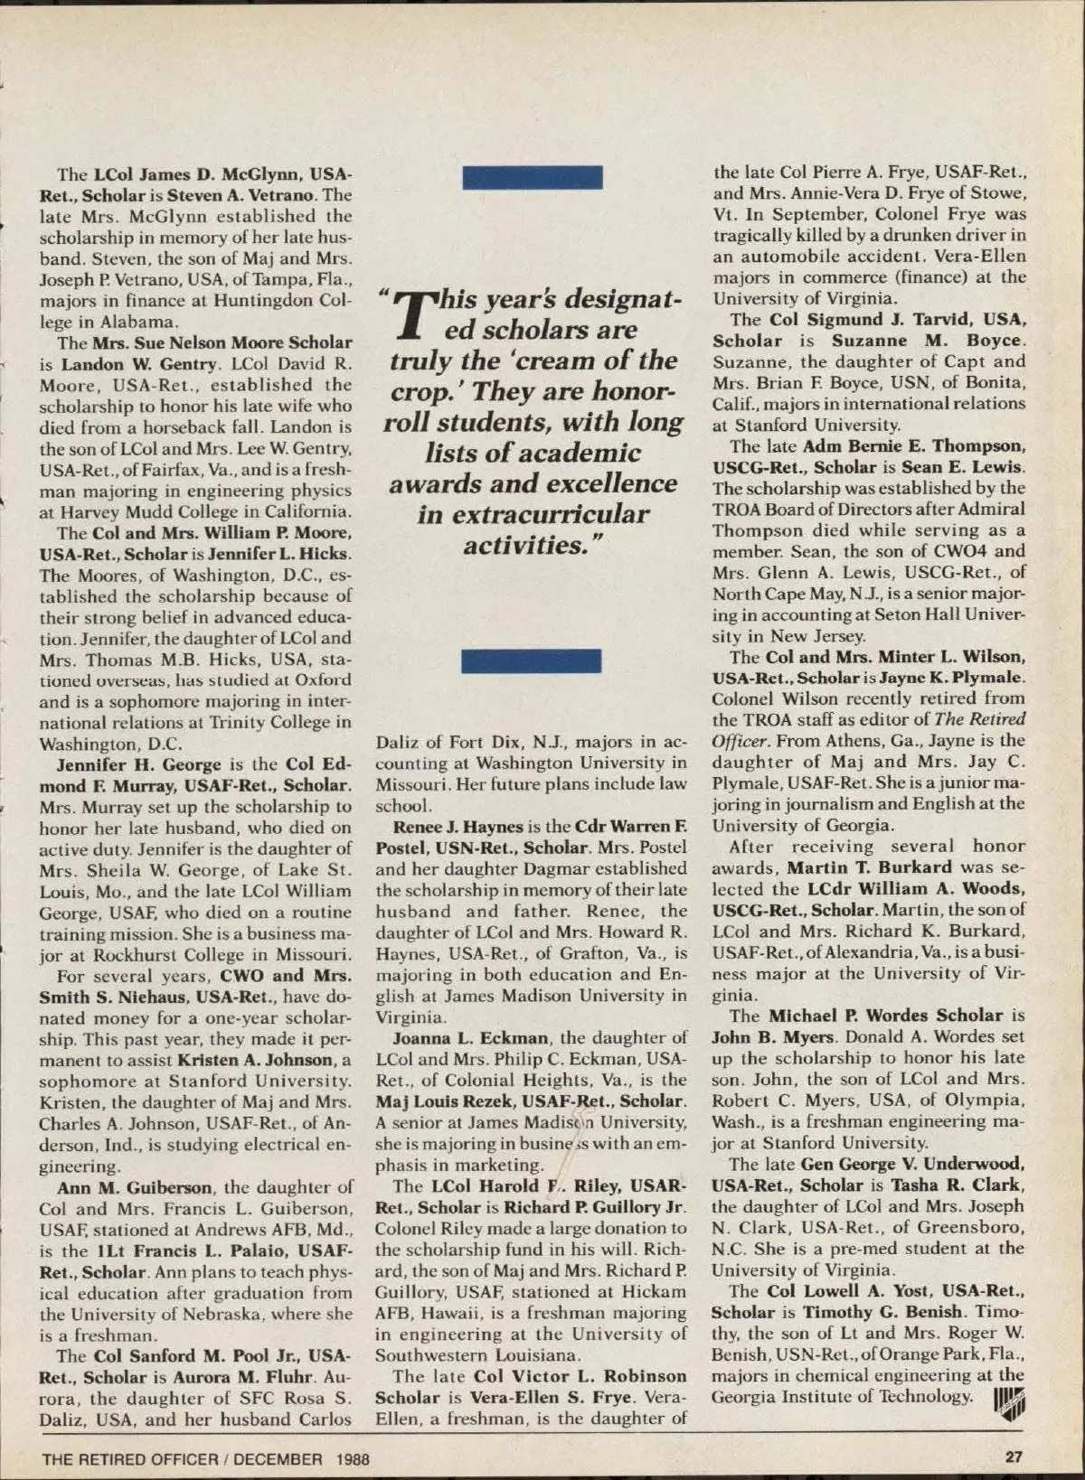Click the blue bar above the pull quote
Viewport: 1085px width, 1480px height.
coord(532,177)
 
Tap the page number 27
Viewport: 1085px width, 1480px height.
coord(1013,1456)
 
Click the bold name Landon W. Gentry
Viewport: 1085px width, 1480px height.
coord(140,364)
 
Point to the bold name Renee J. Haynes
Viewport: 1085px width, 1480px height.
coord(458,827)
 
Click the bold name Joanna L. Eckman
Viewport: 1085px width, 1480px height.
coord(469,1038)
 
